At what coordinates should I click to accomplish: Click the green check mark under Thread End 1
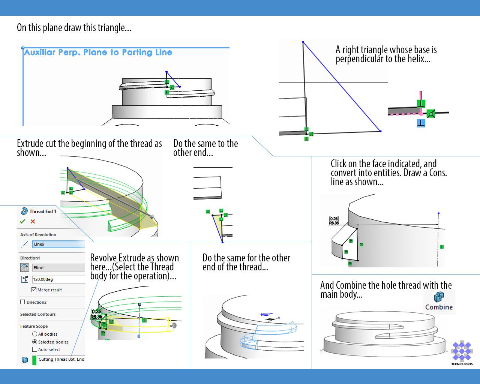(22, 221)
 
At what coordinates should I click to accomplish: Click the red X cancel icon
(33, 221)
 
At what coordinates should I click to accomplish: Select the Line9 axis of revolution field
(58, 244)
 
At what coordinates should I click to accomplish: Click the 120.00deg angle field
(58, 279)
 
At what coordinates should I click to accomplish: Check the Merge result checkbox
(34, 290)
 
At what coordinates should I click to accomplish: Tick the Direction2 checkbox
(22, 302)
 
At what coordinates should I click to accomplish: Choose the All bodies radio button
(34, 334)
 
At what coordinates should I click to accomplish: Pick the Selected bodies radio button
(34, 342)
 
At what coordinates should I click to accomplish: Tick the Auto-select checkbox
(34, 349)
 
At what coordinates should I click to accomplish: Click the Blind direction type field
(58, 268)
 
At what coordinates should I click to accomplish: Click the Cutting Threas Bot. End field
(61, 359)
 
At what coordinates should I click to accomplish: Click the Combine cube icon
(438, 297)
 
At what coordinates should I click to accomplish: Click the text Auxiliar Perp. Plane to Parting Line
(98, 52)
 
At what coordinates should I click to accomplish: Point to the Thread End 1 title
(43, 211)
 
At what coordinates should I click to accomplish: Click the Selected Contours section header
(38, 314)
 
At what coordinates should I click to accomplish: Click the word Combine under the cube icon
(439, 307)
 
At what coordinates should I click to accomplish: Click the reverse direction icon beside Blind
(25, 267)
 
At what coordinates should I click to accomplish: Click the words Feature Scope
(34, 326)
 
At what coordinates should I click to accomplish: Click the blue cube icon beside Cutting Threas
(25, 360)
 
